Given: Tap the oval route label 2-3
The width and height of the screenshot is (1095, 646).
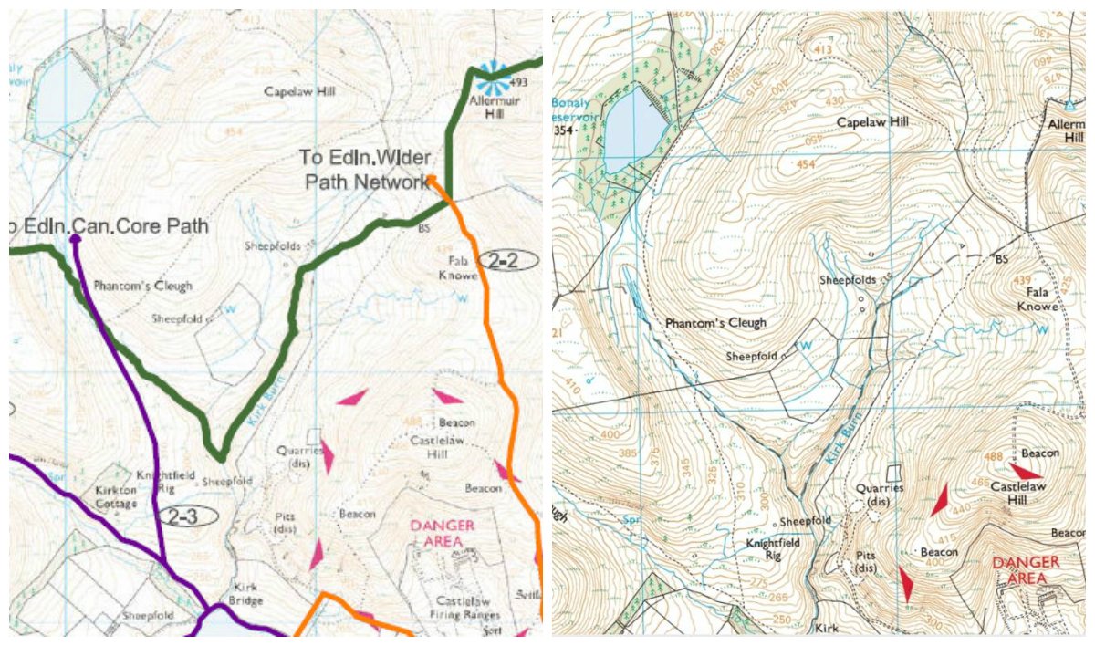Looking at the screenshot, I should click(188, 516).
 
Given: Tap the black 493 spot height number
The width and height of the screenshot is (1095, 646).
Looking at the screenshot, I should click(520, 82).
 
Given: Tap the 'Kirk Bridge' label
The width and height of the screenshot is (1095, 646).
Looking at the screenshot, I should click(246, 594).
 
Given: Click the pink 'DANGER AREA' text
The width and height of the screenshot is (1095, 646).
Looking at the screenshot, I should click(443, 533).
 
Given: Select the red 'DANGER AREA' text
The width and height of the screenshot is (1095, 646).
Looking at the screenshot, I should click(1027, 569).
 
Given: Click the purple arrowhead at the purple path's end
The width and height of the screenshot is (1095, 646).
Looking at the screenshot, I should click(75, 238).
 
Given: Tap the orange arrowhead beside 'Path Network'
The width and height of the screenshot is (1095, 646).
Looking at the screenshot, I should click(433, 179).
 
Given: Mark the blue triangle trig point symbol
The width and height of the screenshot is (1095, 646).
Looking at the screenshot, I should click(1069, 106).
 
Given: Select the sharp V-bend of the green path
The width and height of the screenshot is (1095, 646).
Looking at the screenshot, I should click(217, 453).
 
